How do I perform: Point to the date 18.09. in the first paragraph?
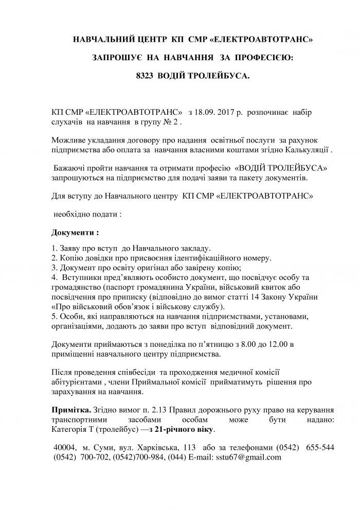[x=208, y=112]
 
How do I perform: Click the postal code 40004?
[x=65, y=447]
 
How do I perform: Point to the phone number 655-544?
[x=320, y=447]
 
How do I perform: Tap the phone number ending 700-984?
[x=148, y=457]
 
